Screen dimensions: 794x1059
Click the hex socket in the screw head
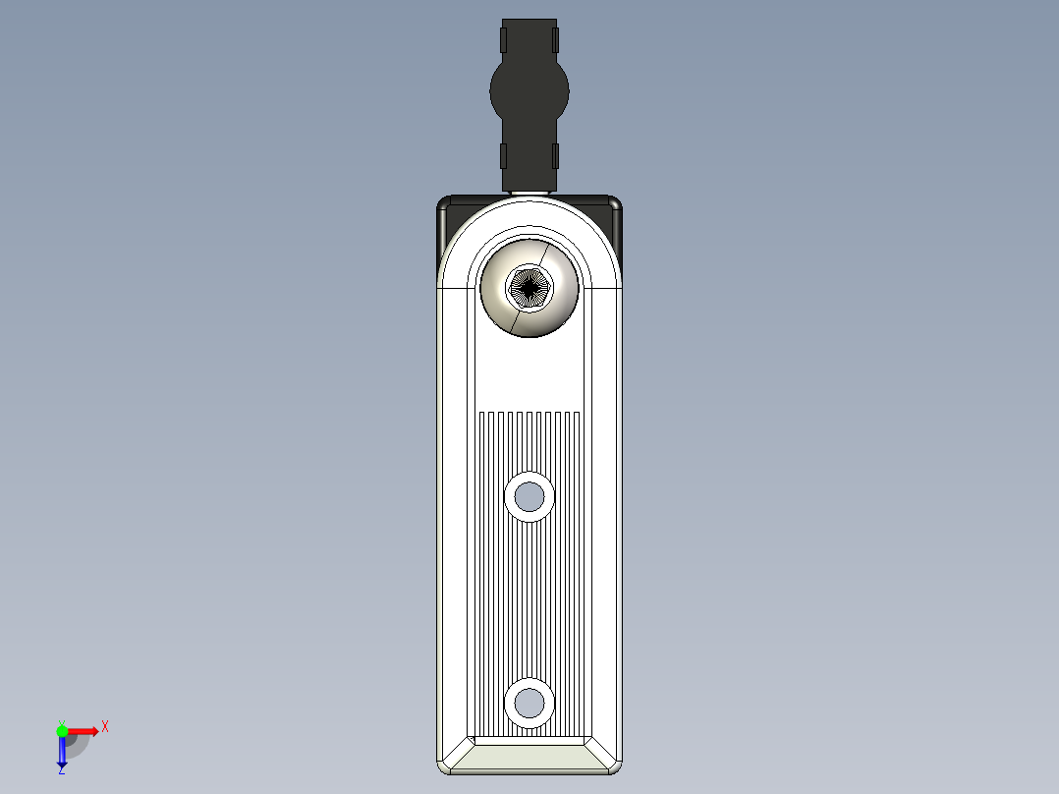[x=529, y=287]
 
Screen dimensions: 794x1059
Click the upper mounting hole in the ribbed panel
[x=529, y=496]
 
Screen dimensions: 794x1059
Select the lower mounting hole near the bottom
[x=529, y=702]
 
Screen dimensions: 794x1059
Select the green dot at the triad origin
[x=62, y=730]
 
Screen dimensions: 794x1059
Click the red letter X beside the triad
[x=105, y=727]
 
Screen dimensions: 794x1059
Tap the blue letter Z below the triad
[x=61, y=770]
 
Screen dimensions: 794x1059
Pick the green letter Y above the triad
[x=61, y=720]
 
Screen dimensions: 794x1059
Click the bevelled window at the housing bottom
[x=529, y=754]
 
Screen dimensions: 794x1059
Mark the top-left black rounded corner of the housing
[x=445, y=205]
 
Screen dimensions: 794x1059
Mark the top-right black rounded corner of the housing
[x=614, y=205]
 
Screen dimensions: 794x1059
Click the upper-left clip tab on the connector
[x=503, y=39]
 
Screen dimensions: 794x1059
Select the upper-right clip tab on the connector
[x=556, y=39]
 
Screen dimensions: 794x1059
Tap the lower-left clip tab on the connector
[x=503, y=155]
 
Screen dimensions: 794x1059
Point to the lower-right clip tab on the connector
[x=556, y=155]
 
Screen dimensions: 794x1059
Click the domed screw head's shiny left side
[x=494, y=288]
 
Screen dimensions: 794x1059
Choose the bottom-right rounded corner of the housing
[x=615, y=766]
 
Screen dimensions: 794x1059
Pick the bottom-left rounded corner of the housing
[x=444, y=766]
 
